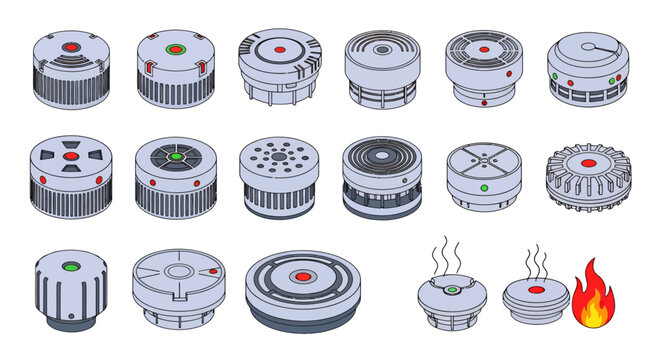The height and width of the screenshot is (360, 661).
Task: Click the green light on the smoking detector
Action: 453,290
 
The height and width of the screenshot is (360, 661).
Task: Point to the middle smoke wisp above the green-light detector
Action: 449,254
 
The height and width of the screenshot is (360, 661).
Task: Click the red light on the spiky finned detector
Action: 588,161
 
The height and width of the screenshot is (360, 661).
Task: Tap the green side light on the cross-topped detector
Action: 484,187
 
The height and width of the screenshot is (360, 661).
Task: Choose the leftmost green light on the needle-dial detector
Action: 553,76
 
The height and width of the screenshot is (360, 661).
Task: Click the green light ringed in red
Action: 174,49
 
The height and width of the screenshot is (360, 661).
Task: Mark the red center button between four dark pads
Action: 72,156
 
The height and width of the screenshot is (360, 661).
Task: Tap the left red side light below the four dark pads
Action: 43,181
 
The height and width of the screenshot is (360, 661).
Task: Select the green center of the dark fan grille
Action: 175,157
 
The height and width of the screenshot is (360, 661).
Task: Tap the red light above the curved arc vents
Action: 72,47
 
